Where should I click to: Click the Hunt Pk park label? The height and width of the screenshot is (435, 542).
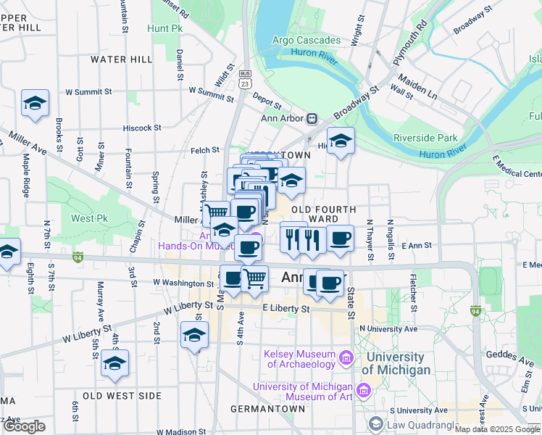[165, 28]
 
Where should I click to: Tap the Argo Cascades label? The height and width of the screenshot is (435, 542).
[307, 40]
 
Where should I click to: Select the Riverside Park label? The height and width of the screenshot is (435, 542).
[425, 138]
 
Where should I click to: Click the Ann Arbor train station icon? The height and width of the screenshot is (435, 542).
[312, 118]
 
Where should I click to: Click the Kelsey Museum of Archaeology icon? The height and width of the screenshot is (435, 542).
[346, 357]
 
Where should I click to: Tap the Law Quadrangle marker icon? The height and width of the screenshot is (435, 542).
[376, 423]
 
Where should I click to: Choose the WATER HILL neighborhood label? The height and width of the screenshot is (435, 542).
[119, 59]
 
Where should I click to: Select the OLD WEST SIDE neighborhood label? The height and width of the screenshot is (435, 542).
[122, 396]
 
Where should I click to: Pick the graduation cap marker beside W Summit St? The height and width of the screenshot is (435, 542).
[34, 104]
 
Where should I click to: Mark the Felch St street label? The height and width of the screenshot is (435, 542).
[205, 150]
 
